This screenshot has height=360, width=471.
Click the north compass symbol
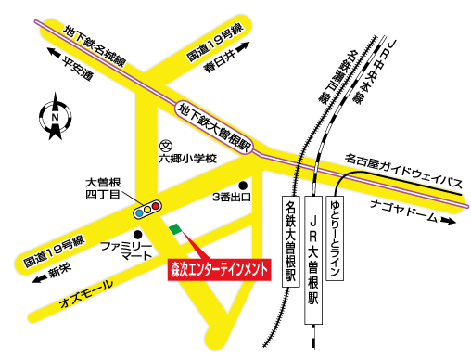pyautogui.click(x=56, y=118)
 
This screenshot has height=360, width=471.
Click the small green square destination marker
pyautogui.click(x=175, y=228)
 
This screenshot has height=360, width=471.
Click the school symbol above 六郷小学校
pyautogui.click(x=166, y=145)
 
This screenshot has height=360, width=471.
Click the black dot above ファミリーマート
pyautogui.click(x=137, y=234)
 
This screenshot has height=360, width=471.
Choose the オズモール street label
pyautogui.click(x=86, y=289)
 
